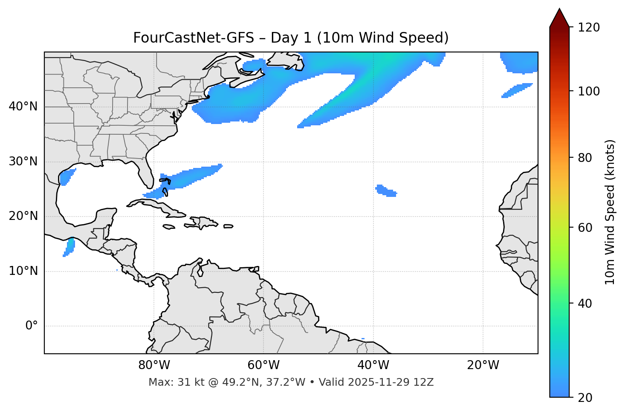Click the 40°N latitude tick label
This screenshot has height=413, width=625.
[x=23, y=107]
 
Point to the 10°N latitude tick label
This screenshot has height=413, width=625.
[x=23, y=271]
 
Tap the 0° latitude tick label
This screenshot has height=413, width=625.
[x=32, y=326]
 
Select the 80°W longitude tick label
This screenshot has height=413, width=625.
[x=154, y=365]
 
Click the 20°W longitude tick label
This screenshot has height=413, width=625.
[x=483, y=365]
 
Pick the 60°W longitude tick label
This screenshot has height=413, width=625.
[x=263, y=365]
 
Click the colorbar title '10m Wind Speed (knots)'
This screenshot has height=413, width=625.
[x=610, y=212]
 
